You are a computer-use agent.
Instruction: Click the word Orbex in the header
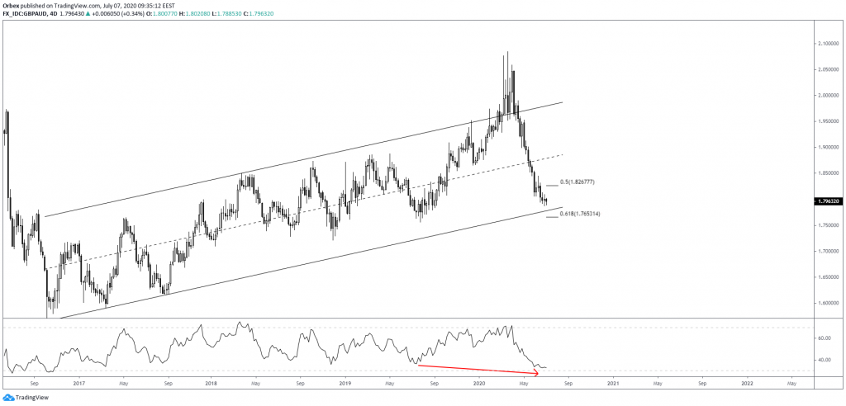click(x=12, y=3)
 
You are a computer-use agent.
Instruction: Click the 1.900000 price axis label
click(x=826, y=147)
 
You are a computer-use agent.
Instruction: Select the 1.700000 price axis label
click(x=826, y=250)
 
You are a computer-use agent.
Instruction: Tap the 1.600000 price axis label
click(x=826, y=302)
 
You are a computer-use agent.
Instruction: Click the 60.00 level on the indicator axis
click(x=822, y=338)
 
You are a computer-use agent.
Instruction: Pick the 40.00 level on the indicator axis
click(x=822, y=360)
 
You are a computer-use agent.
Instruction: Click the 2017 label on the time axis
click(x=78, y=384)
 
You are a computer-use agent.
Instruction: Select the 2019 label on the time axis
click(x=345, y=384)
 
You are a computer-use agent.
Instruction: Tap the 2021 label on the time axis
click(x=613, y=384)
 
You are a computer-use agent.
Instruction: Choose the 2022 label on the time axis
click(x=746, y=384)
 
